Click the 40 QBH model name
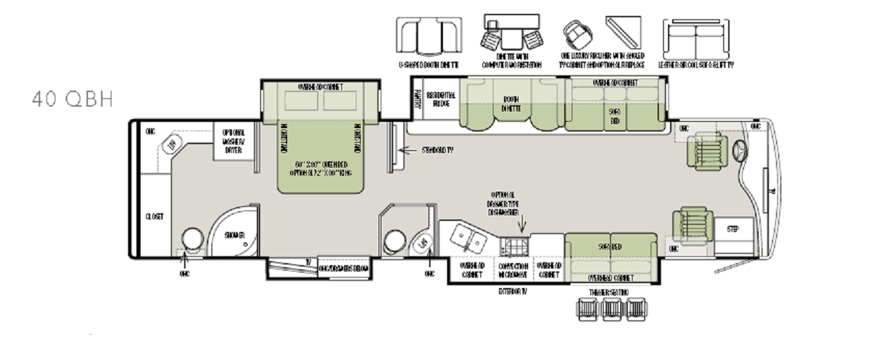72,100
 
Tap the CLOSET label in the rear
154,217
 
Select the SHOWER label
234,235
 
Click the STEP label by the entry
732,228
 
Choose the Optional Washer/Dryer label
233,141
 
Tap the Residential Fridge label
440,99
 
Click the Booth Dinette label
511,103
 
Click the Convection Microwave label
513,270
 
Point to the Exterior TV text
513,291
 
